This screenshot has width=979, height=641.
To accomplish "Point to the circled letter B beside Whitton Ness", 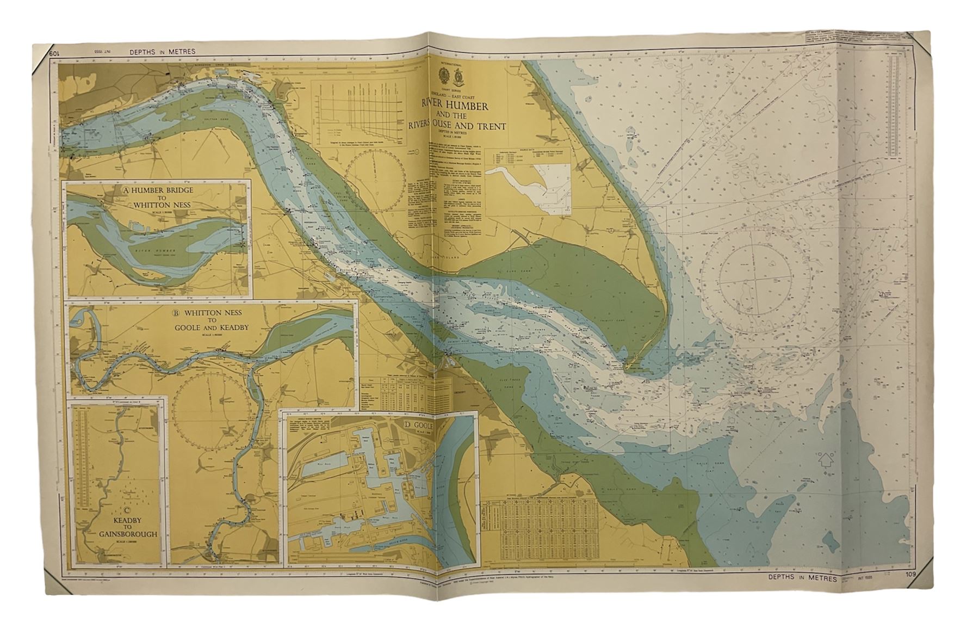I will click(175, 313).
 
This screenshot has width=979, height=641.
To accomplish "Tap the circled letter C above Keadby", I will click(127, 510).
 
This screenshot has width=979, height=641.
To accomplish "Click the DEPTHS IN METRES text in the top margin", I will click(163, 52).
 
